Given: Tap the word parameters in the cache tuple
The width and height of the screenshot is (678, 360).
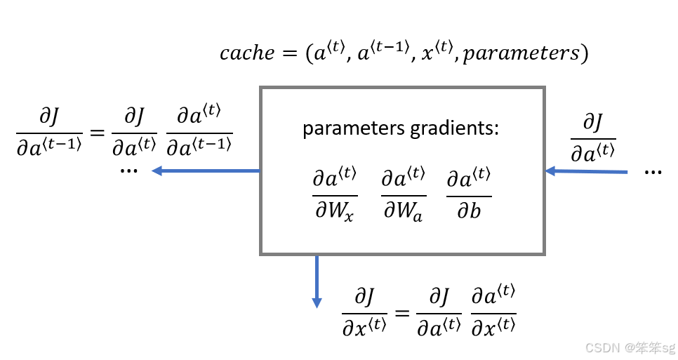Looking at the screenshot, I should (x=520, y=54).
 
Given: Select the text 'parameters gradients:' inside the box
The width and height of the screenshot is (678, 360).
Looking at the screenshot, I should (x=401, y=130).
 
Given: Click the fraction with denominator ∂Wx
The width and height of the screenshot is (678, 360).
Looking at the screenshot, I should (x=335, y=195).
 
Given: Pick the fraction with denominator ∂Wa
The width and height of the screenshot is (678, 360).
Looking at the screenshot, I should (x=403, y=195).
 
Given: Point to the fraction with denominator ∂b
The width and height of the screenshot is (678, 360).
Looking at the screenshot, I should (x=468, y=195).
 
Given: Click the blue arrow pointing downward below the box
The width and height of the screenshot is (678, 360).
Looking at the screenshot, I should (x=317, y=281).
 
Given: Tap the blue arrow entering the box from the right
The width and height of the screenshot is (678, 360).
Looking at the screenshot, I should (x=586, y=171).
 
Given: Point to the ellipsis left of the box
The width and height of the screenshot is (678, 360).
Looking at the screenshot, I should (x=129, y=170).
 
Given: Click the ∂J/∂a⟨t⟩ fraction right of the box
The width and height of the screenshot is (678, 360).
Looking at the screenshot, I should (x=593, y=139).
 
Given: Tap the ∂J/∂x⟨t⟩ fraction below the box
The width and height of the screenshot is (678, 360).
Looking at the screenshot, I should (x=364, y=310).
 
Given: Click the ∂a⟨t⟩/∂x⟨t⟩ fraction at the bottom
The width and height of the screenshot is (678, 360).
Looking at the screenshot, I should (x=493, y=310).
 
